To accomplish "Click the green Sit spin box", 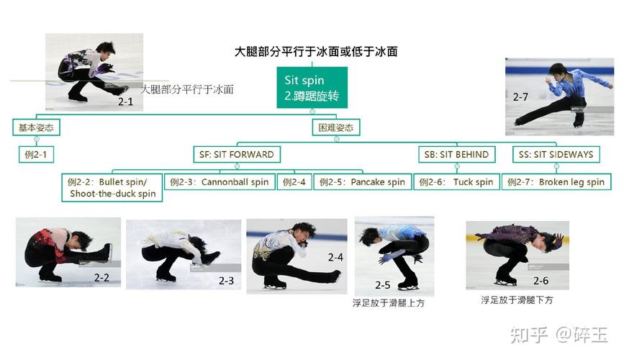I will [312, 87].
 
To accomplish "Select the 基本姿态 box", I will [36, 128].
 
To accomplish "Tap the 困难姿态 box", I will [336, 128].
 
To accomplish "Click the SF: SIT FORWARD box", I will [236, 154].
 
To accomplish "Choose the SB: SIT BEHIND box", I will [456, 154].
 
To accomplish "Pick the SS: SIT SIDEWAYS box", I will [556, 154].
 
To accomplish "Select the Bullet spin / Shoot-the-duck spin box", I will [112, 187].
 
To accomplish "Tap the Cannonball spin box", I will [220, 182].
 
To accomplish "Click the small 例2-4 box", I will [294, 182].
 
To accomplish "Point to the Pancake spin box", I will [362, 182].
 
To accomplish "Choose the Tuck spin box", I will [456, 182].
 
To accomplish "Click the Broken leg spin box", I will [556, 182].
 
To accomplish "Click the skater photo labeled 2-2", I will [68, 252].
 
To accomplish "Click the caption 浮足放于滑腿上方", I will [388, 303].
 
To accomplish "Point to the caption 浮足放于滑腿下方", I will [517, 300].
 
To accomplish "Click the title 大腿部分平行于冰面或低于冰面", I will [316, 52].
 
